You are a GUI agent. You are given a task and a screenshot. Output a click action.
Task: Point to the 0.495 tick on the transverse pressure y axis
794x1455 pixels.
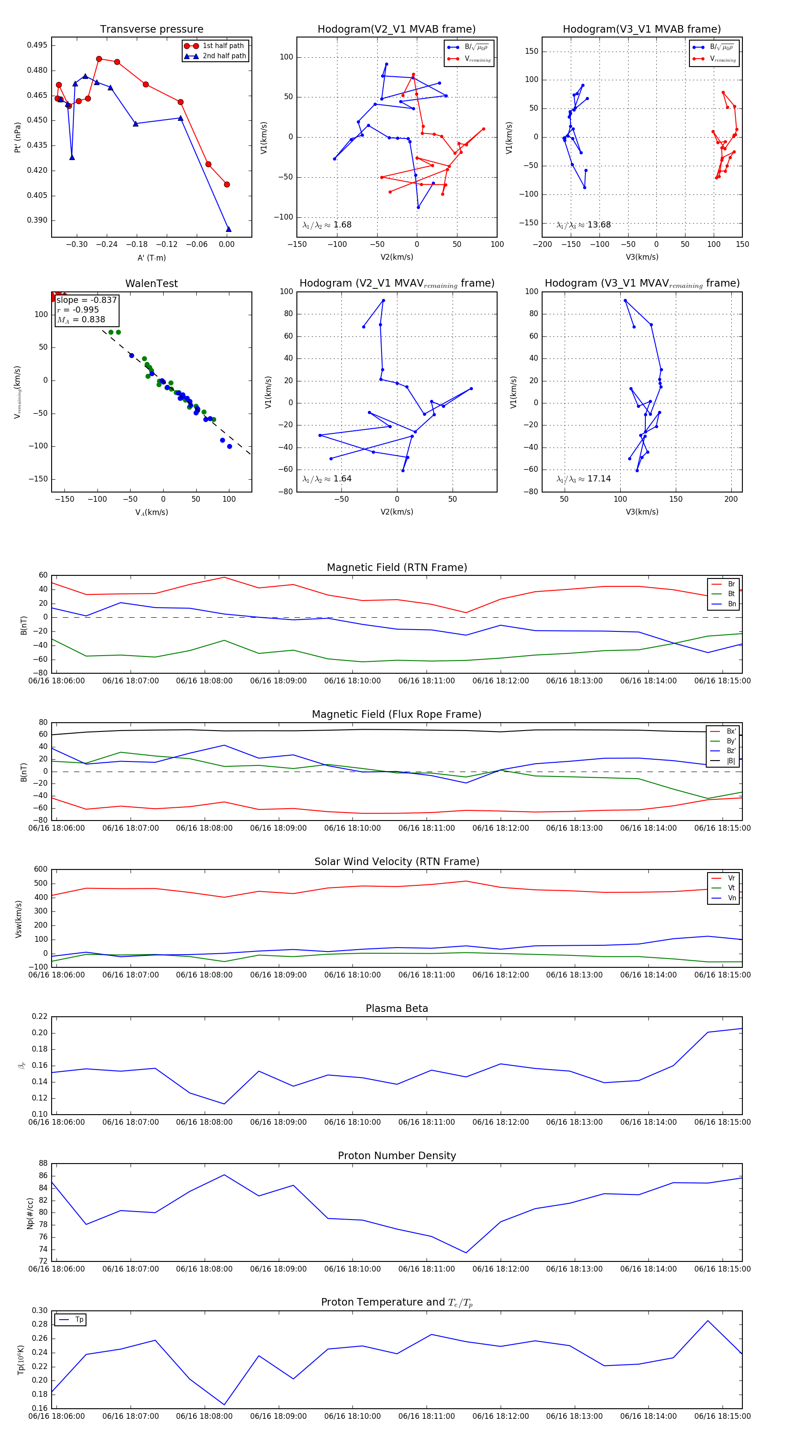[x=38, y=45]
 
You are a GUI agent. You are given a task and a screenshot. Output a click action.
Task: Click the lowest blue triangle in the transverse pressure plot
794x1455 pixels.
[x=228, y=229]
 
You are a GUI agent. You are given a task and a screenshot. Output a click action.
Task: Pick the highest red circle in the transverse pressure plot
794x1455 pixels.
[x=99, y=59]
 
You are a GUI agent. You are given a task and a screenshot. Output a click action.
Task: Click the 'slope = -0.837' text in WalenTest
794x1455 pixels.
[x=86, y=300]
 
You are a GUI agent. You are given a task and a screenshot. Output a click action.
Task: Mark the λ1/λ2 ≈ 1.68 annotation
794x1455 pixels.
[x=326, y=225]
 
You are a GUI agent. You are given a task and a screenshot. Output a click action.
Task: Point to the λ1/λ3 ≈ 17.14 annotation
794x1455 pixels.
[x=583, y=479]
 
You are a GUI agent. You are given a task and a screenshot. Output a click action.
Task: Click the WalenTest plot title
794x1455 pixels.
[x=151, y=284]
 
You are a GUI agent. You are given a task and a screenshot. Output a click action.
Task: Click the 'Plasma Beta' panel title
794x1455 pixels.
[x=397, y=1009]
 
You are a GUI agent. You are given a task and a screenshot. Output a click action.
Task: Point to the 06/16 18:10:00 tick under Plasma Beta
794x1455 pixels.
[x=352, y=1122]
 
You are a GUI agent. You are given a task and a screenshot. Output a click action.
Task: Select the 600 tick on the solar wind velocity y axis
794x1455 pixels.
[x=41, y=869]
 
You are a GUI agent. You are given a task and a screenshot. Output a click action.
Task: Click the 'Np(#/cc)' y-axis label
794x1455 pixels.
[x=30, y=1213]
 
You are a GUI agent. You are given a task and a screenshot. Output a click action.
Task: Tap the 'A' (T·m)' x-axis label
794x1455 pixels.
[x=151, y=258]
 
